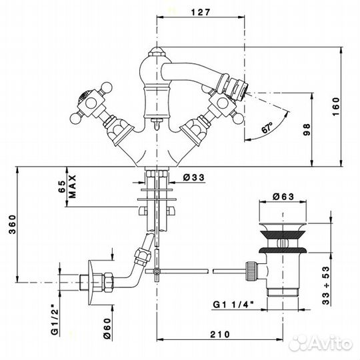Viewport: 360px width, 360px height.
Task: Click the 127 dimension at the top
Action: pos(201,13)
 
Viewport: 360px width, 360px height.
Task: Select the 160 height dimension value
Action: pos(336,107)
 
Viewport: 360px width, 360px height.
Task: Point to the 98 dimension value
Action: pos(307,130)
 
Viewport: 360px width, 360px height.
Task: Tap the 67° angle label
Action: pos(267,127)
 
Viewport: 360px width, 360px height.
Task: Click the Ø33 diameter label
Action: pos(194,177)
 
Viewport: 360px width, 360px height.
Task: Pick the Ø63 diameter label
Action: pos(283,197)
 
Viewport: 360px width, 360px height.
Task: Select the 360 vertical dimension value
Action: pos(13,224)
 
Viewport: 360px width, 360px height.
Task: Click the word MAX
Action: pos(72,187)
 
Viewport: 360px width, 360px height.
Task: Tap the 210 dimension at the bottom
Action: pos(220,335)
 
